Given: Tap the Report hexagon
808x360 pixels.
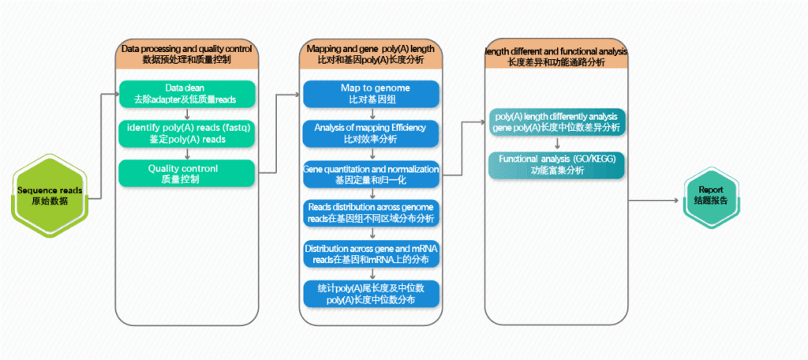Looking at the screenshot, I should (x=711, y=195).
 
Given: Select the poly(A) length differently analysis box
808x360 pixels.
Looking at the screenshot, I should (x=557, y=121).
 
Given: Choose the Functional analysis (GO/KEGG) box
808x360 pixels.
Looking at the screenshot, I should (x=557, y=164).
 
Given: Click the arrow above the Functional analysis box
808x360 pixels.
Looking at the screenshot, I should (x=557, y=143).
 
